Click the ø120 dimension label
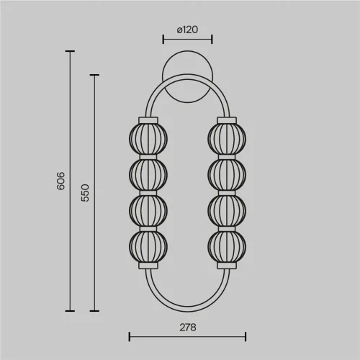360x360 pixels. [x=187, y=30]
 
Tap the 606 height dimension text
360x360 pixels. [x=61, y=181]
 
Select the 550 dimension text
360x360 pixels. [x=85, y=193]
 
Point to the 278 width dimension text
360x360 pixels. [x=188, y=328]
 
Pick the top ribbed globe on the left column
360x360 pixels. [x=148, y=139]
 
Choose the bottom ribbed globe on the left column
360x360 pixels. [x=148, y=247]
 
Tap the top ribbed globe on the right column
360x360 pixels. [x=227, y=139]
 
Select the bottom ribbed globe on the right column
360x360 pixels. [x=227, y=247]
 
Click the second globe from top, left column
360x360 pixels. [x=148, y=175]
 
